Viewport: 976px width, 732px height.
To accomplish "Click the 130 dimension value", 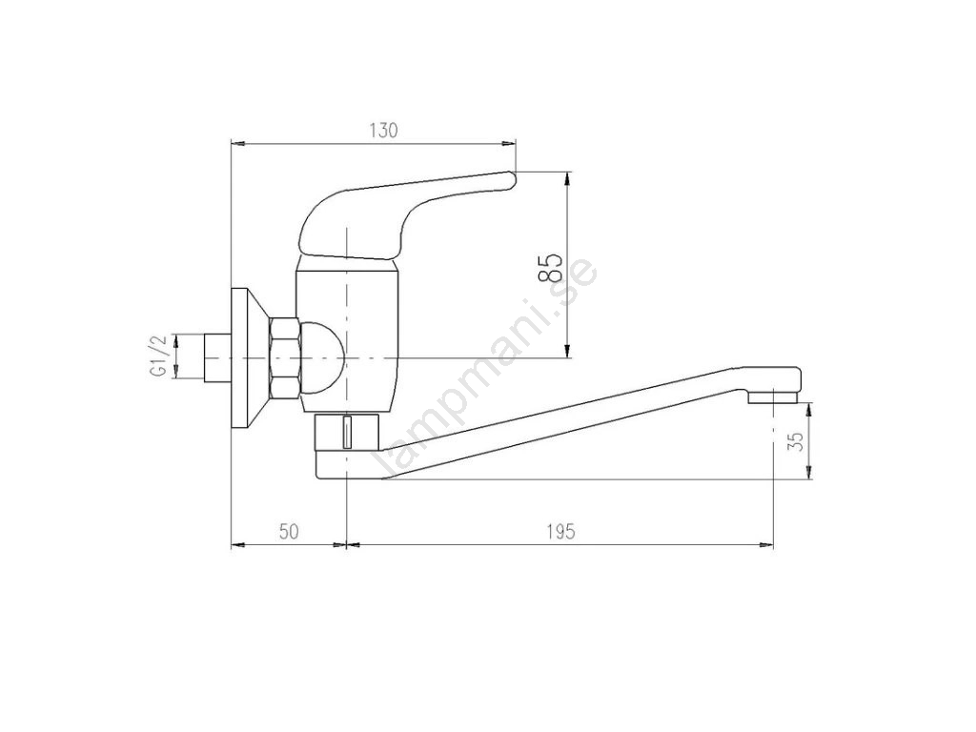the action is [x=383, y=131].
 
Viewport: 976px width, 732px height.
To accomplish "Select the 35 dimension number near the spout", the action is [x=796, y=440].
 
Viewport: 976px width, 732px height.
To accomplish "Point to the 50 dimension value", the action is [x=289, y=532].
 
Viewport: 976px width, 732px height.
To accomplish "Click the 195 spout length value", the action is [x=560, y=532].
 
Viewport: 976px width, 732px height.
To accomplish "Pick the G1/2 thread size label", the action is [x=159, y=356].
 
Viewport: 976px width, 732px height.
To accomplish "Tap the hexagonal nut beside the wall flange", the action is [x=285, y=357].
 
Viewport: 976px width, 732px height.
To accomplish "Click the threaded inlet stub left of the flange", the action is [x=217, y=358].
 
